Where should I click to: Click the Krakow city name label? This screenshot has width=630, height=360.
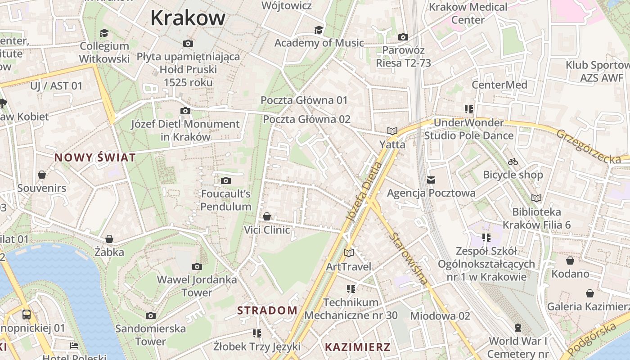click(188, 18)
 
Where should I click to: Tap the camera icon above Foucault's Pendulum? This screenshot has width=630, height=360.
click(226, 181)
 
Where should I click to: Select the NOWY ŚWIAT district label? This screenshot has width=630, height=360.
click(95, 157)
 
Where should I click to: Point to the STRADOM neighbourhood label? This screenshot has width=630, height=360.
click(267, 310)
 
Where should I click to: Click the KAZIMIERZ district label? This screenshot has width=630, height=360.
click(357, 347)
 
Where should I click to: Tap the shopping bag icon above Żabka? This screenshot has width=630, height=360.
click(109, 239)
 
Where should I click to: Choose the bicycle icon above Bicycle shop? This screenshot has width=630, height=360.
click(513, 162)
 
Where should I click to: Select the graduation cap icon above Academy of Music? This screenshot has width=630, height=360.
click(319, 30)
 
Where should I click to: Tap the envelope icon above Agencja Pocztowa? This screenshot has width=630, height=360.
click(431, 180)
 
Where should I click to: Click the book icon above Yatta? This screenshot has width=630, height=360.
click(392, 131)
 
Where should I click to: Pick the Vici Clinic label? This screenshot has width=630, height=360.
click(267, 230)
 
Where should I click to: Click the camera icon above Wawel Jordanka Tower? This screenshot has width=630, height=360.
click(197, 267)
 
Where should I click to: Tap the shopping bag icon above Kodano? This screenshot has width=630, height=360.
click(570, 261)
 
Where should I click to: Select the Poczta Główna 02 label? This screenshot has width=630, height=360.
click(306, 119)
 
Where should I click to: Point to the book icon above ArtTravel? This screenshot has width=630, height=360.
click(349, 253)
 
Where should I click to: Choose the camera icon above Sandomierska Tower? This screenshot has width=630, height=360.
click(151, 316)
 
